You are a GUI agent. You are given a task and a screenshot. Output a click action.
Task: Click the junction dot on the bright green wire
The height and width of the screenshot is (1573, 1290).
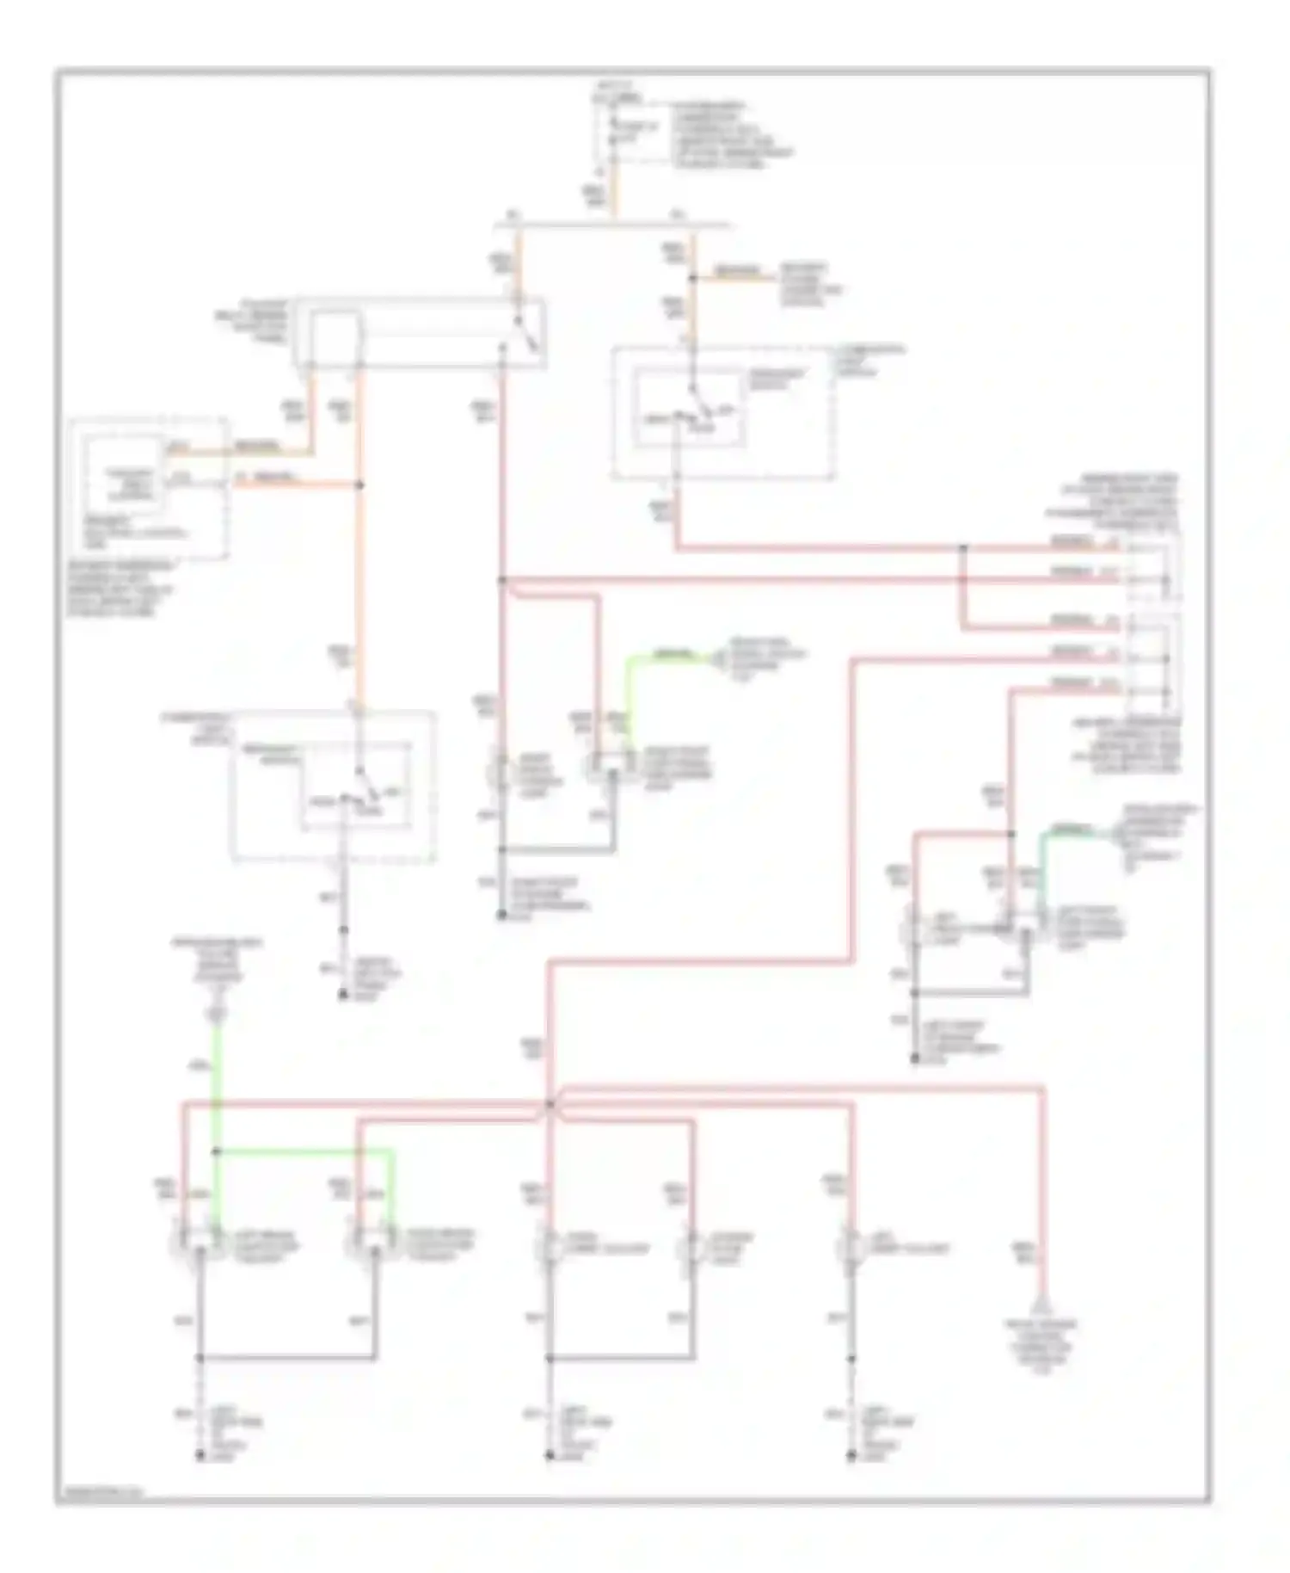click(x=217, y=1150)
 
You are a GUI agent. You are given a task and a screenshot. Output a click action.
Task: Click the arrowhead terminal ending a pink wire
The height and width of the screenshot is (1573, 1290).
click(x=1043, y=1305)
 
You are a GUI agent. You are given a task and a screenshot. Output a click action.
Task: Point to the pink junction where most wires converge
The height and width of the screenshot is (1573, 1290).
click(x=550, y=1103)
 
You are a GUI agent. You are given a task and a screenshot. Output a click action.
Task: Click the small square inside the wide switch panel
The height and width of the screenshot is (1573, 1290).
click(x=335, y=341)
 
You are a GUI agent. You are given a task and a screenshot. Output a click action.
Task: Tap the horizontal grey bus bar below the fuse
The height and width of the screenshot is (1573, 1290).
click(x=612, y=226)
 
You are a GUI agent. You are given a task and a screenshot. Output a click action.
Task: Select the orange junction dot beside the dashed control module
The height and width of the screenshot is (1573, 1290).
click(x=359, y=485)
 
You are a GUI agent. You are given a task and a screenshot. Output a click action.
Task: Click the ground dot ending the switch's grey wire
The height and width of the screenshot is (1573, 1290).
click(x=342, y=996)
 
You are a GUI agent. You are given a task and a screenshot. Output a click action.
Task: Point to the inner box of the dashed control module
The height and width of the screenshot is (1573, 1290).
click(x=122, y=487)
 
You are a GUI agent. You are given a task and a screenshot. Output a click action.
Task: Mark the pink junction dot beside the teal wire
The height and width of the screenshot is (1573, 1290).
click(x=1010, y=834)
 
